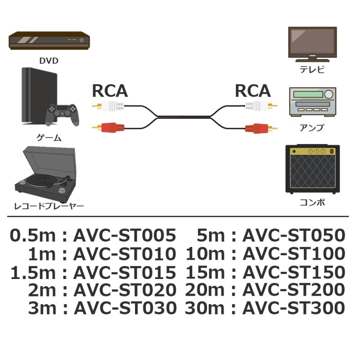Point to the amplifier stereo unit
pyautogui.click(x=312, y=102)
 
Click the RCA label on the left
pyautogui.click(x=110, y=91)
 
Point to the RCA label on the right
pyautogui.click(x=252, y=91)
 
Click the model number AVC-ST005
pyautogui.click(x=124, y=235)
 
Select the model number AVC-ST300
pyautogui.click(x=294, y=308)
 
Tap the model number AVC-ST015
pyautogui.click(x=124, y=272)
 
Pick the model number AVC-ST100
pyautogui.click(x=294, y=254)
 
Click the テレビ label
pyautogui.click(x=312, y=70)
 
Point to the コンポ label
pyautogui.click(x=312, y=202)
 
